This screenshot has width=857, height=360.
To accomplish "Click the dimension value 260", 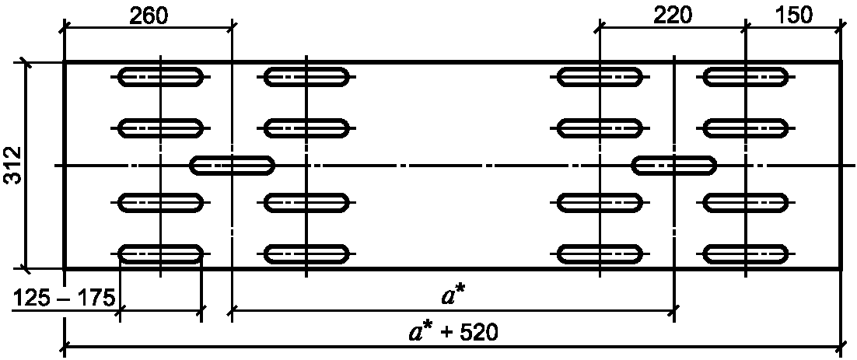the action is [149, 16].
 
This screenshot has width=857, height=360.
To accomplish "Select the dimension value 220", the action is [673, 16].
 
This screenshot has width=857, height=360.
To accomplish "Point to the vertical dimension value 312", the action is [12, 166].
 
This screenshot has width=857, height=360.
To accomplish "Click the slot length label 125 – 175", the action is [62, 299].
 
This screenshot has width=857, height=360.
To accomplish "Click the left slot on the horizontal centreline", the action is [233, 165].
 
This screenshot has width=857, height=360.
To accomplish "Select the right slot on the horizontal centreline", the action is [674, 165].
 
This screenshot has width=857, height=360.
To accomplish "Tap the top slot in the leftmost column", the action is [161, 77].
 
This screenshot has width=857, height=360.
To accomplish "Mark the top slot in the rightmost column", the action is [746, 77].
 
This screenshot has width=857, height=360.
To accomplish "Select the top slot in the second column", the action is [306, 77].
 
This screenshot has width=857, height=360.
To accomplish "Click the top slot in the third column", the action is [600, 77].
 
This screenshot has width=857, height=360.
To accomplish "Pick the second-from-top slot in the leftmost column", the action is [161, 128].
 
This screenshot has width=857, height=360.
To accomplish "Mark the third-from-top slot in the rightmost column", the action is [746, 203].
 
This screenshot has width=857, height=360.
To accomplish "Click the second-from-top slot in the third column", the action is [600, 128].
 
